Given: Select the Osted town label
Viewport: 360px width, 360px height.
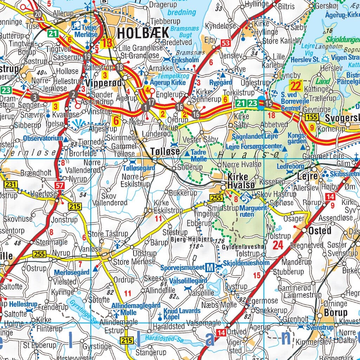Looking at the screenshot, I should click(320, 231).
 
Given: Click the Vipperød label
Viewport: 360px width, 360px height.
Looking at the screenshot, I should click(104, 83).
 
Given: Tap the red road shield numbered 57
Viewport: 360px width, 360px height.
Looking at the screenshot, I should click(59, 185).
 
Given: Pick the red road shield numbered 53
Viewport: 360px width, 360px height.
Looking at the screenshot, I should click(225, 43).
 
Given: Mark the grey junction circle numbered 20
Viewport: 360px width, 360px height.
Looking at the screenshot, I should click(38, 14).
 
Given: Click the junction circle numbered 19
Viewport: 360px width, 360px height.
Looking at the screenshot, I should click(88, 56).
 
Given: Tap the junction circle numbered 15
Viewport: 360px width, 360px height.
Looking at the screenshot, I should click(269, 103).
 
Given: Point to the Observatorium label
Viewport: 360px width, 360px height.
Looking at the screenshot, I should click(43, 139).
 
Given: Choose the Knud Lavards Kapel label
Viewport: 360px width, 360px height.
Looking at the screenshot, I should click(182, 314).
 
